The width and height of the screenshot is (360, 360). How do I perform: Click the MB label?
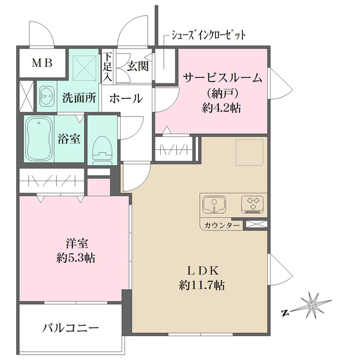(41, 62)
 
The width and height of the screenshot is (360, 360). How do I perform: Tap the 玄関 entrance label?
(137, 66)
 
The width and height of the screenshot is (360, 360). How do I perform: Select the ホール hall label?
(126, 98)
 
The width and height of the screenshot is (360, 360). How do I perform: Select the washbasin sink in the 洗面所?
(47, 95)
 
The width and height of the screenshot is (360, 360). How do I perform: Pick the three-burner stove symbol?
(253, 205)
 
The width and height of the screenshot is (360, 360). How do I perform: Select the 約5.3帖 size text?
(74, 259)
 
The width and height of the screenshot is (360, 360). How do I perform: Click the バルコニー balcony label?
(70, 328)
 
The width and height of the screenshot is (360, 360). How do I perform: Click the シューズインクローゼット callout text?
(209, 35)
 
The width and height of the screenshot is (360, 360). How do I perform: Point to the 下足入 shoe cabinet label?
(107, 66)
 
